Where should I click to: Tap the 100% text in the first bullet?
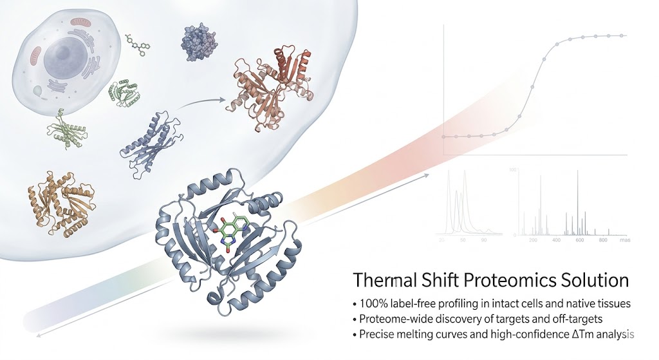coord(373,302)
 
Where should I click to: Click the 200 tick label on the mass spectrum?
coord(532,240)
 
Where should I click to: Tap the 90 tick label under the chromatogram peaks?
coord(484,240)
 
